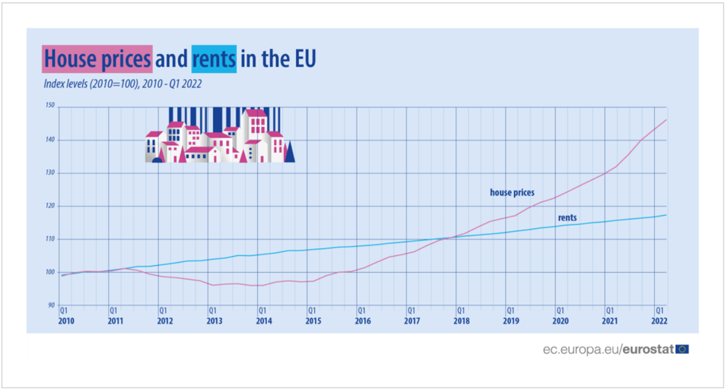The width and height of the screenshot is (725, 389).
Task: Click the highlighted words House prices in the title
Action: [x=97, y=59]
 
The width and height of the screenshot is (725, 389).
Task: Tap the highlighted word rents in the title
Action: [x=214, y=59]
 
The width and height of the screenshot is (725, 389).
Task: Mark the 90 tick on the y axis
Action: [x=51, y=305]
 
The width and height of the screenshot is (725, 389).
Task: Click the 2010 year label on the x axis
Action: [x=66, y=321]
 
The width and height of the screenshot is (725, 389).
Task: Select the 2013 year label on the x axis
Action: [x=215, y=321]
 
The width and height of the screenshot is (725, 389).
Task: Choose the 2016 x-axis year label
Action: [x=363, y=321]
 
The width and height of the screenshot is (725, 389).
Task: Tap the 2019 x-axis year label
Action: [x=511, y=321]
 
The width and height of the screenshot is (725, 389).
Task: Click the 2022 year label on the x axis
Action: [x=659, y=321]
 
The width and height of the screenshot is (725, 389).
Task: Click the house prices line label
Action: [x=512, y=193]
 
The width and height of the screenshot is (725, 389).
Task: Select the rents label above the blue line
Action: [x=567, y=218]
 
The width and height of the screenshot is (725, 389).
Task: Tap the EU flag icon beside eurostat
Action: [x=682, y=349]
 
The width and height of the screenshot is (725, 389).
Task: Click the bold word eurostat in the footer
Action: [x=647, y=349]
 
